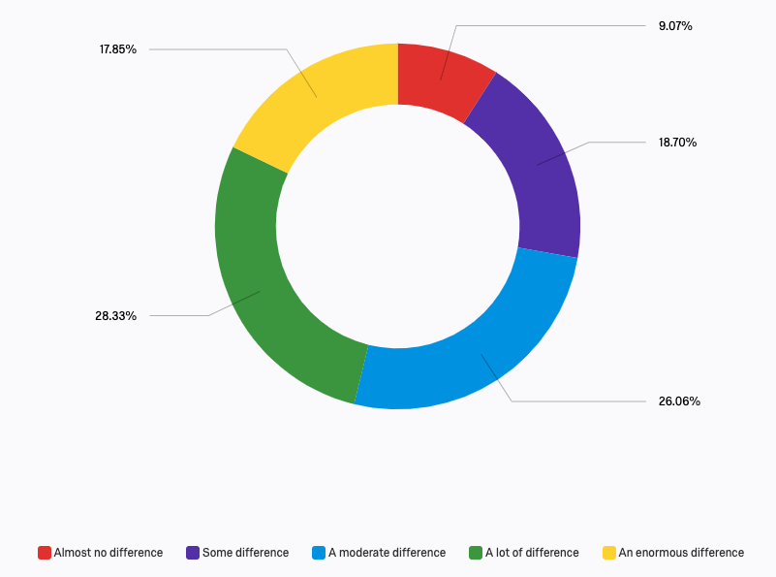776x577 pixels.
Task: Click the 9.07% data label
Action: click(675, 26)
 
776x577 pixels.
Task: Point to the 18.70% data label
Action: click(677, 142)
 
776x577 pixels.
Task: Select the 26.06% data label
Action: click(679, 401)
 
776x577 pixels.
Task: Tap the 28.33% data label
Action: click(115, 315)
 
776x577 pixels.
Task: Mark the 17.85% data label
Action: click(117, 48)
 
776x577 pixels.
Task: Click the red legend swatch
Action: click(45, 553)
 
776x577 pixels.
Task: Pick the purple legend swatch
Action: click(193, 553)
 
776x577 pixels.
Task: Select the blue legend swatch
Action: click(319, 553)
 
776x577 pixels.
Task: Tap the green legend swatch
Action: click(476, 553)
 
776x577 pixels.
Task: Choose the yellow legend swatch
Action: click(609, 553)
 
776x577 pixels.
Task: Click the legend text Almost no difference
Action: click(109, 553)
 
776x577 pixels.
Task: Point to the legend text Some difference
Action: click(245, 553)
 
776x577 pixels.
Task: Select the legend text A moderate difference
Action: click(387, 553)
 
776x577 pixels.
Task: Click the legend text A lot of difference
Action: click(532, 553)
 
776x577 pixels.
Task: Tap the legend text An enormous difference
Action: click(681, 553)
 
